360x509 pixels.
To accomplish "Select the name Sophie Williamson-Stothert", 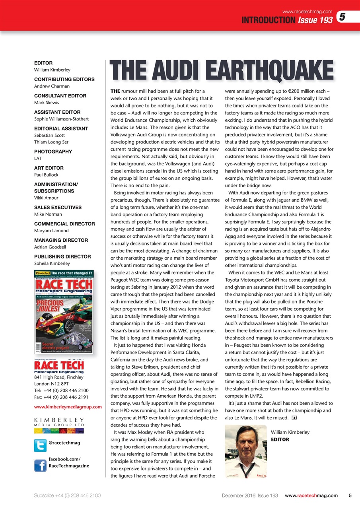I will tap(61, 119).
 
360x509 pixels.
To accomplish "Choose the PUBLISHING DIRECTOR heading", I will tap(62, 256).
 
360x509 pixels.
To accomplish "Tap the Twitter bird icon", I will tap(40, 445).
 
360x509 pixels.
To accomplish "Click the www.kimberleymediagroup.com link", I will tap(68, 407).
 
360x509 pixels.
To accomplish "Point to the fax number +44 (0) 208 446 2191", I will tap(61, 397).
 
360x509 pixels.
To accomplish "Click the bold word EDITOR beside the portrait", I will tap(280, 439).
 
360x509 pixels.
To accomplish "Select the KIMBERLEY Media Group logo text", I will tap(59, 422).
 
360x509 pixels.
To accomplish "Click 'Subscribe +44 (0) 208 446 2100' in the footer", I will tap(67, 495).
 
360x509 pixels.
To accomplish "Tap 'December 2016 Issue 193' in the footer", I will tap(250, 495).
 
